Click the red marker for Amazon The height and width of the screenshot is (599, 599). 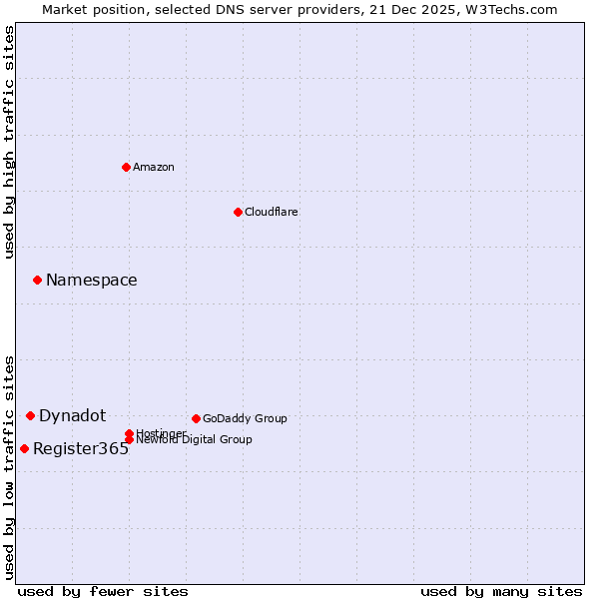[x=126, y=167]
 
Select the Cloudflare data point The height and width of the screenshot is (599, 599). [x=238, y=212]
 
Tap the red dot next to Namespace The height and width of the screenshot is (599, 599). [x=37, y=280]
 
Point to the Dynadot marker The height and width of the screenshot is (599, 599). [x=30, y=415]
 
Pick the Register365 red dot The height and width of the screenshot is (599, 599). [x=24, y=448]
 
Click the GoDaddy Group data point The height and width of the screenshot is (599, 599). [x=196, y=418]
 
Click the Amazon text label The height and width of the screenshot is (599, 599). [x=154, y=167]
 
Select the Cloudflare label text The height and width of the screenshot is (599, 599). [x=271, y=212]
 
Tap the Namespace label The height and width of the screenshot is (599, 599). [x=92, y=281]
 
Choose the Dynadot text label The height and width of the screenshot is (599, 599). [x=72, y=416]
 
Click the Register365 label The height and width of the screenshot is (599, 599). [x=81, y=449]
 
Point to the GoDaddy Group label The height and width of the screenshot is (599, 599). [x=245, y=418]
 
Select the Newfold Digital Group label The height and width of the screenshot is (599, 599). [x=194, y=440]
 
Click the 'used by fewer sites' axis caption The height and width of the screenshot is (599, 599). [x=103, y=591]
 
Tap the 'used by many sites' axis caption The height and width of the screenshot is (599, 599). [x=501, y=591]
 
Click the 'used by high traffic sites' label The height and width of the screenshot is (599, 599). [x=10, y=142]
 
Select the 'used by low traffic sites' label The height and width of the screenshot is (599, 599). [x=10, y=467]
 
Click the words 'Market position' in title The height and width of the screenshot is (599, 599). [x=86, y=9]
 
